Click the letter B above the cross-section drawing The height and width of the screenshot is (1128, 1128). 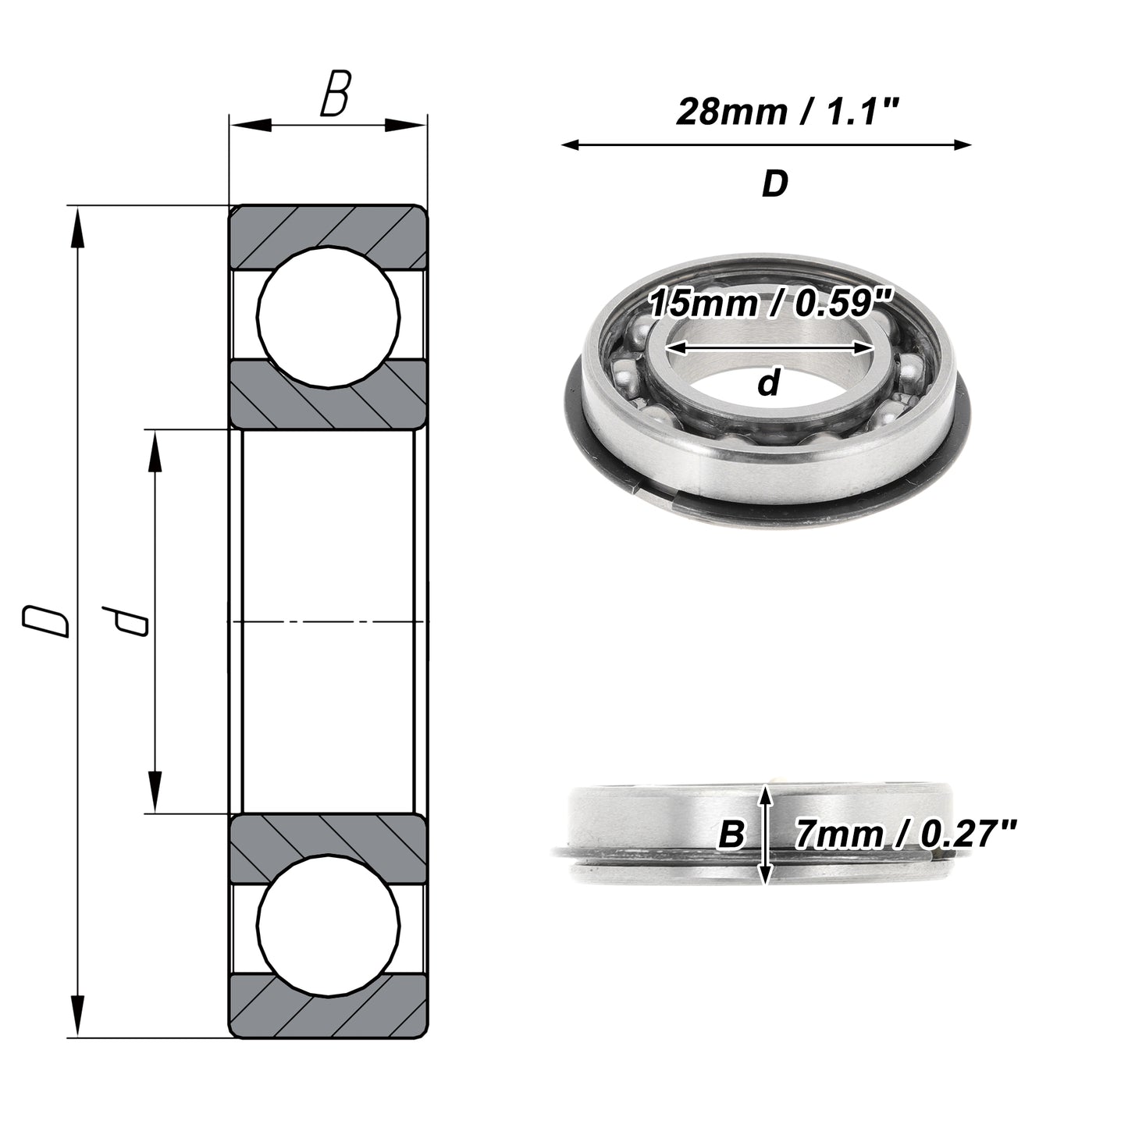pyautogui.click(x=336, y=93)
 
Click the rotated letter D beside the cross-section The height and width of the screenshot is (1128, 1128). pyautogui.click(x=45, y=621)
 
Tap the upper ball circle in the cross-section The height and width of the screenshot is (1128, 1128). pyautogui.click(x=329, y=317)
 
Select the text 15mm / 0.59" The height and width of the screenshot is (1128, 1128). pyautogui.click(x=771, y=303)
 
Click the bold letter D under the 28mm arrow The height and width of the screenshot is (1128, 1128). pyautogui.click(x=775, y=183)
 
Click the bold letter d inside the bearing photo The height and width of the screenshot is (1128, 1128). pyautogui.click(x=769, y=383)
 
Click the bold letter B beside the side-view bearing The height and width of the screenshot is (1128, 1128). pyautogui.click(x=731, y=834)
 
